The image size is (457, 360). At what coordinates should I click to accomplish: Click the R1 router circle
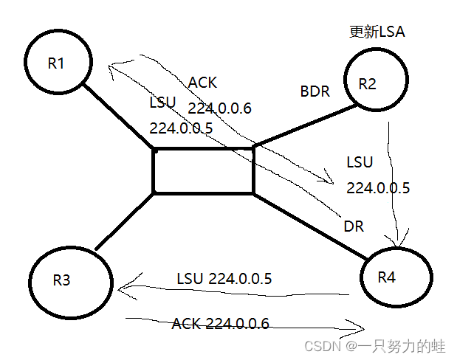[57, 63]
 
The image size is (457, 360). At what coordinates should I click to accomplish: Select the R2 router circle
[374, 83]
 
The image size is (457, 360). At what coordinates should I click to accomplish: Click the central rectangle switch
[203, 171]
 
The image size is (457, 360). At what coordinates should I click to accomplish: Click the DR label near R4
[354, 226]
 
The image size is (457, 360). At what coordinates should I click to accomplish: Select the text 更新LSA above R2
[377, 32]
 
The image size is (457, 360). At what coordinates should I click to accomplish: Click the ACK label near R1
[203, 82]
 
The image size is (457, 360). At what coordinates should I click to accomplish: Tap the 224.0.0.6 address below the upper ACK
[219, 108]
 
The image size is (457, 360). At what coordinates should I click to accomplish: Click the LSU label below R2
[360, 162]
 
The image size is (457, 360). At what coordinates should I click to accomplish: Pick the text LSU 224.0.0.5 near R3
[224, 279]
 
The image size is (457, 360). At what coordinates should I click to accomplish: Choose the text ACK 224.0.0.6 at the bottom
[220, 323]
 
